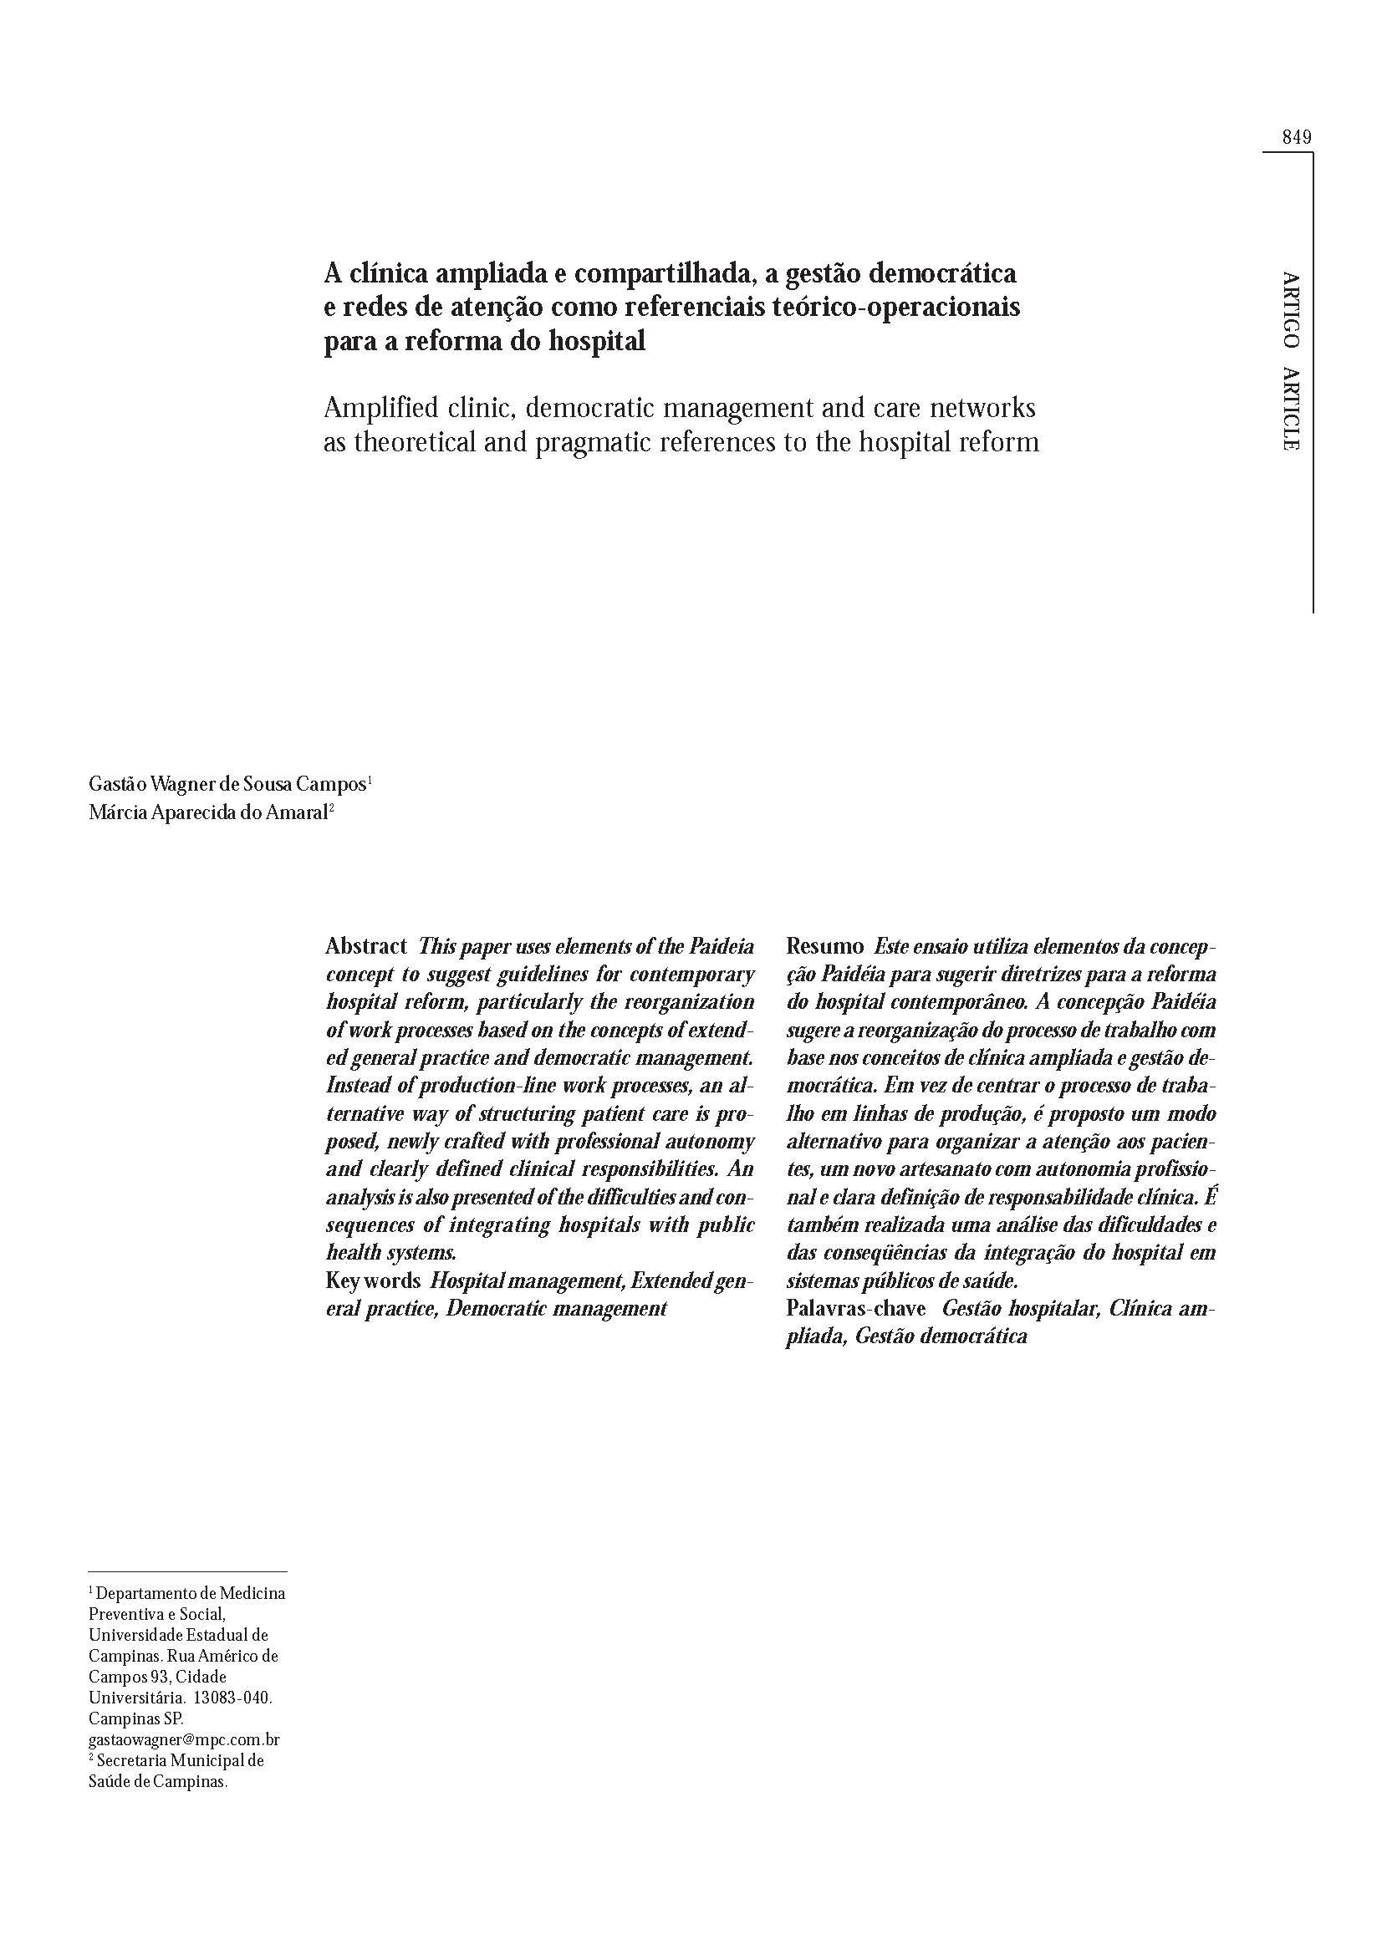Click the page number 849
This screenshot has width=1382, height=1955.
[x=1295, y=137]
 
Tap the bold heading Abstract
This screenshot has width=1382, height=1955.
[x=366, y=946]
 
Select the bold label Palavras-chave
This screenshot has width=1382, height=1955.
[x=856, y=1309]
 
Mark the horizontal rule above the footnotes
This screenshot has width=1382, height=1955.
[x=187, y=1571]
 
